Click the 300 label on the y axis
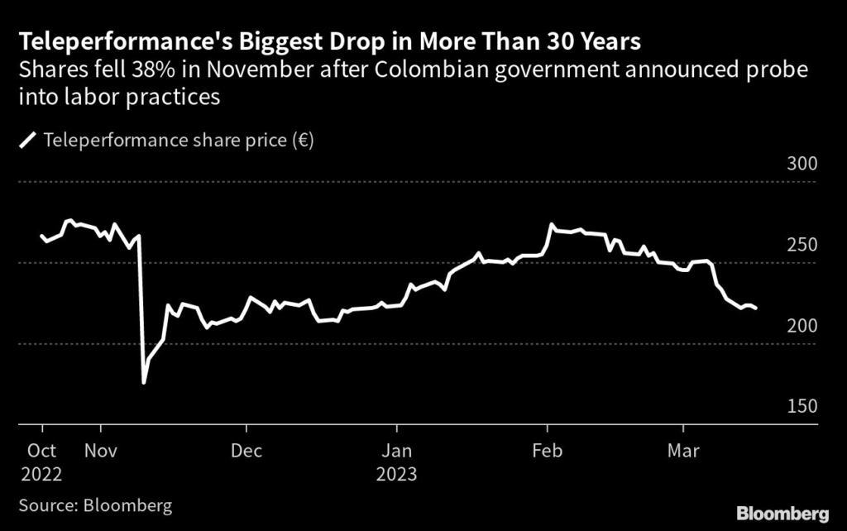[802, 164]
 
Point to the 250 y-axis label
[802, 245]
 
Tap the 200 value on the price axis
[802, 326]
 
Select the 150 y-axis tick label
[802, 407]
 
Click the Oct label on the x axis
[42, 451]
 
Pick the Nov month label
[100, 451]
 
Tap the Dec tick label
[246, 451]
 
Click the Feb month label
[547, 451]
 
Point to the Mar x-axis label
[683, 451]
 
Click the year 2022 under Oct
[42, 476]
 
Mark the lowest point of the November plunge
[144, 382]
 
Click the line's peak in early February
[551, 224]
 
